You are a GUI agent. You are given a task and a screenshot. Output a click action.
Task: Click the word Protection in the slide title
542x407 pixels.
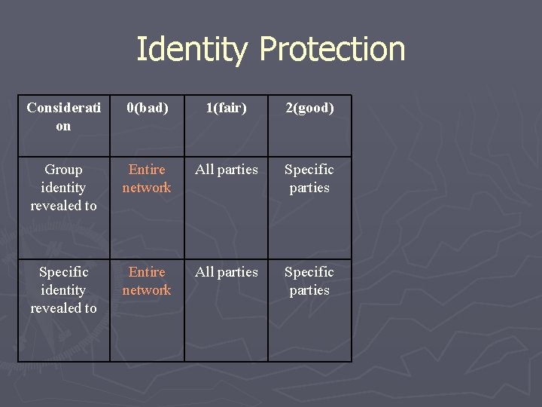point(332,50)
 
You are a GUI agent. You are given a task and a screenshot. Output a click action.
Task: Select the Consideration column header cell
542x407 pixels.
point(63,117)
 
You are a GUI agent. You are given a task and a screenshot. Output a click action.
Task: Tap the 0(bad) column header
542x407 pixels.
point(147,108)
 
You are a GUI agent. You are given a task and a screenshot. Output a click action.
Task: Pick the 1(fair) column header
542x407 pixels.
point(227,108)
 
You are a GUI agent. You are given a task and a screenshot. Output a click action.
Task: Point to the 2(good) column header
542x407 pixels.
point(309,108)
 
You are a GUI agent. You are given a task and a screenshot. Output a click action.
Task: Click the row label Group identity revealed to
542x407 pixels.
point(63,188)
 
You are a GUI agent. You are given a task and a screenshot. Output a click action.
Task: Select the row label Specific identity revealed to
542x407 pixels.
point(63,290)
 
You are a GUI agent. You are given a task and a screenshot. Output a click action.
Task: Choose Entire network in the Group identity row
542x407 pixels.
point(147,179)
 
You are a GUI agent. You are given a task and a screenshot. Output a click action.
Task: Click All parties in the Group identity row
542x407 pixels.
point(227,170)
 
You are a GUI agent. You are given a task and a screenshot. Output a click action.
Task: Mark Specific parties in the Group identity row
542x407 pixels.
point(309,179)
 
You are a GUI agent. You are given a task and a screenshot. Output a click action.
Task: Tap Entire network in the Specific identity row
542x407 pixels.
point(147,281)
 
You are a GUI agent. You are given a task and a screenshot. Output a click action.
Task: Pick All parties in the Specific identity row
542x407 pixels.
point(227,272)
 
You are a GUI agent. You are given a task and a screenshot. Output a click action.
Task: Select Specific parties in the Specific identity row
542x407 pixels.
point(309,281)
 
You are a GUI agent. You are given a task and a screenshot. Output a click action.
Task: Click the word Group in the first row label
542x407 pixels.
point(63,170)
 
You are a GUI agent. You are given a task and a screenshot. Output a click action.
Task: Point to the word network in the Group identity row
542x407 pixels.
point(147,188)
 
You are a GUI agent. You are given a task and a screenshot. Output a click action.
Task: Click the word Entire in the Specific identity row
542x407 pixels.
point(147,272)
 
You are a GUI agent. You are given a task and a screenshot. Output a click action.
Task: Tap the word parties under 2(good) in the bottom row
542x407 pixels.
point(309,290)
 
